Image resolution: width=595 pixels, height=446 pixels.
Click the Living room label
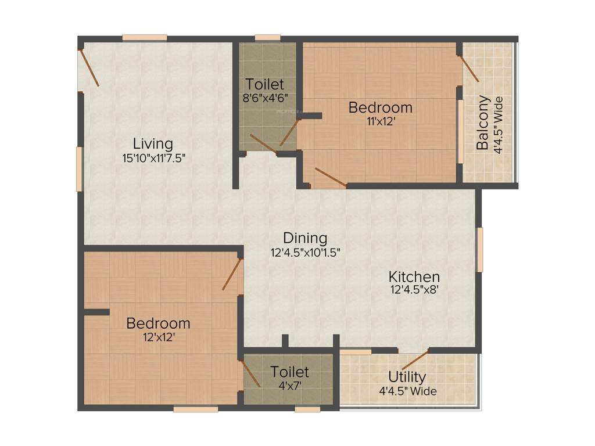click(153, 143)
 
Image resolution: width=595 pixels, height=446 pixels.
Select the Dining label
click(305, 238)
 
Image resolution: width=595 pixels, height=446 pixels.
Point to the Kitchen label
click(414, 276)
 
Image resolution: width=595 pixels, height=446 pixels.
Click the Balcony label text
click(483, 123)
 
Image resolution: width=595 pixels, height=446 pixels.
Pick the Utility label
click(407, 376)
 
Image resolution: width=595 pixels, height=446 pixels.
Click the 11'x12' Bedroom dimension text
click(381, 121)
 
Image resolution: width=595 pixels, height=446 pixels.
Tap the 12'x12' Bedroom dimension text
click(158, 337)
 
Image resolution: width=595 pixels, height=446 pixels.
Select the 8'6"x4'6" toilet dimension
click(265, 98)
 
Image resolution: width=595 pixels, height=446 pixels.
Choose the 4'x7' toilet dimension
click(289, 384)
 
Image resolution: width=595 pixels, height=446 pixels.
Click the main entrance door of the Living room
click(89, 67)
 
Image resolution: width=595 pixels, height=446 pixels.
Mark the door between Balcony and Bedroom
click(469, 69)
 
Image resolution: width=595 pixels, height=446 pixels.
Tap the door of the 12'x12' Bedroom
click(232, 274)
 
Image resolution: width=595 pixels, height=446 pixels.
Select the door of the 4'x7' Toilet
click(251, 373)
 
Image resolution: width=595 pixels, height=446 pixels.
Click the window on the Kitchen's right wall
click(480, 250)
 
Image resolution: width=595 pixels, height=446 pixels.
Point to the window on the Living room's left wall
click(79, 168)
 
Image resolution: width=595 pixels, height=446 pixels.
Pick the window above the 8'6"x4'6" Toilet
click(267, 38)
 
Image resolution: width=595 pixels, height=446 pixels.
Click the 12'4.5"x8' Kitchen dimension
click(414, 290)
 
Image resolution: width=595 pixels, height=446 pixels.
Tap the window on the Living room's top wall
click(145, 38)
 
